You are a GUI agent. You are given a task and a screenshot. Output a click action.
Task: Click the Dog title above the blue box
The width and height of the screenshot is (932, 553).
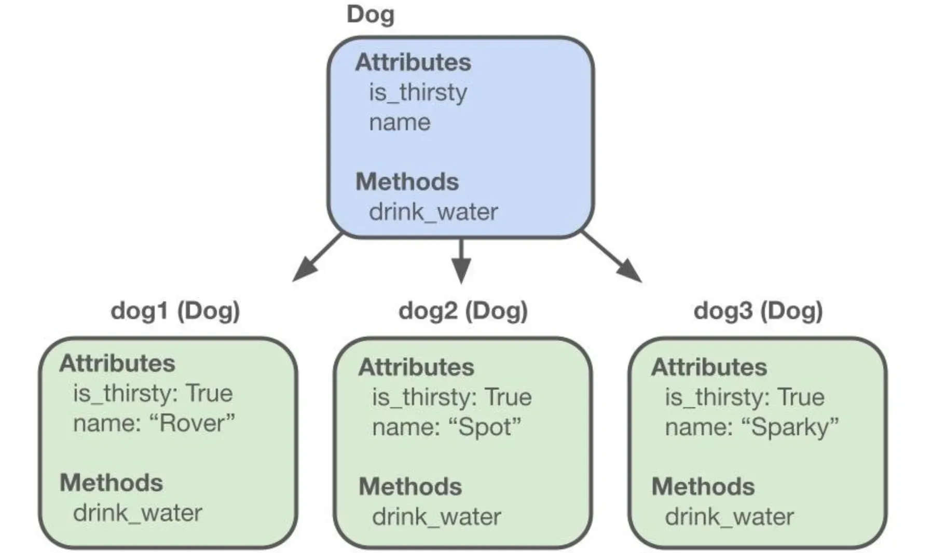pos(370,15)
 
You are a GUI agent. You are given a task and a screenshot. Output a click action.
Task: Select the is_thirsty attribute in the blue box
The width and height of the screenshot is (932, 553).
pos(418,92)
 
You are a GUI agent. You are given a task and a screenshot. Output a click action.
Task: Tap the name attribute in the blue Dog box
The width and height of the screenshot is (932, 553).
pos(400,122)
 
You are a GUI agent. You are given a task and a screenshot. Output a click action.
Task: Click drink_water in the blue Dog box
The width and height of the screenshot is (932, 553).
pos(433,212)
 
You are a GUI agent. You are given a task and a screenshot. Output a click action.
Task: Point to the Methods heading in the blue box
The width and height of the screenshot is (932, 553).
pos(407,182)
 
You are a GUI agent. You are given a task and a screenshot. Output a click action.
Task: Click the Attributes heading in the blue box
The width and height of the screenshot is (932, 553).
pos(413,62)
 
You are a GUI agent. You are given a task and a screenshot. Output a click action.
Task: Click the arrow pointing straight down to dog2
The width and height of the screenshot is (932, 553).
pos(461,261)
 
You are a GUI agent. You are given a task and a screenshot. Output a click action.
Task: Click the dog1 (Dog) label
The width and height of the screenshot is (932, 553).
pos(175,310)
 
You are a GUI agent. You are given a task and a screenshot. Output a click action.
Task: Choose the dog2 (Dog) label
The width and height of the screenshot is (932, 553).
pos(463,310)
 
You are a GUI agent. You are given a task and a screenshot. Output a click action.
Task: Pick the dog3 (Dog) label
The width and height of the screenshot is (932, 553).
pos(758,310)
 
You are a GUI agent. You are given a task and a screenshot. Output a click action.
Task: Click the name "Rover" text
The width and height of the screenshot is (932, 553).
pos(154,423)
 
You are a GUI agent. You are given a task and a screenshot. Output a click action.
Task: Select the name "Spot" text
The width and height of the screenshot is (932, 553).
pos(446,427)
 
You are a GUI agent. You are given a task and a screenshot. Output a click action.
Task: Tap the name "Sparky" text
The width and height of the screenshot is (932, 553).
pos(751,427)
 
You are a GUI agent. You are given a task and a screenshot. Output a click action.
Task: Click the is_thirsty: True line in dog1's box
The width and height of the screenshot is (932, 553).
pos(153,393)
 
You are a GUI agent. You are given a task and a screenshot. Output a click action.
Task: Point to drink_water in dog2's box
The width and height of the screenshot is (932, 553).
pos(436,517)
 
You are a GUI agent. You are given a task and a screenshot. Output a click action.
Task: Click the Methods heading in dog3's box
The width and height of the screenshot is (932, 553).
pos(703,487)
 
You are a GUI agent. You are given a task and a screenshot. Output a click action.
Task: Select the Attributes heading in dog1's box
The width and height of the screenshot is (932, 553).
pos(117,363)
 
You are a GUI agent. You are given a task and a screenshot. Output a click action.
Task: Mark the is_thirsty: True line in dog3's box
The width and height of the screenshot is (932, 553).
pos(745,397)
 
